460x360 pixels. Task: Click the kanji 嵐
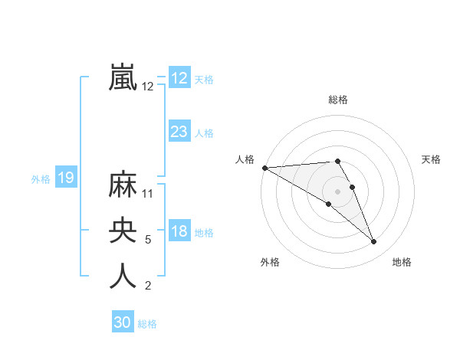click(x=123, y=77)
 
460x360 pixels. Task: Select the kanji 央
click(x=123, y=231)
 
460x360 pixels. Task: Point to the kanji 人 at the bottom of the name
click(x=123, y=277)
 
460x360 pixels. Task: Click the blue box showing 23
click(x=179, y=132)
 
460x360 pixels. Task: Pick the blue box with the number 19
click(x=65, y=178)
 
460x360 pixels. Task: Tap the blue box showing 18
click(x=179, y=231)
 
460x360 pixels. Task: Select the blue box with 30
click(x=123, y=322)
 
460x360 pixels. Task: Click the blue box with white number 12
click(x=179, y=78)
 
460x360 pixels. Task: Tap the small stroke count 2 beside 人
click(x=148, y=286)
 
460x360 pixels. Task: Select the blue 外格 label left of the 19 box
click(x=41, y=179)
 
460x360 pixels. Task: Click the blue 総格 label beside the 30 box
click(x=147, y=324)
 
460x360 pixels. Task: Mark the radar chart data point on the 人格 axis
click(x=264, y=168)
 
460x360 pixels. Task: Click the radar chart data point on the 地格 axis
click(x=374, y=242)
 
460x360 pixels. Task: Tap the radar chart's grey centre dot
click(x=337, y=191)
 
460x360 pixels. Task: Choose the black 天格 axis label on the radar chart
click(x=432, y=159)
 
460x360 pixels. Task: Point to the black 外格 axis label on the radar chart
click(x=270, y=263)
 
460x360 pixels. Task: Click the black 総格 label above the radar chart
click(x=337, y=100)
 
